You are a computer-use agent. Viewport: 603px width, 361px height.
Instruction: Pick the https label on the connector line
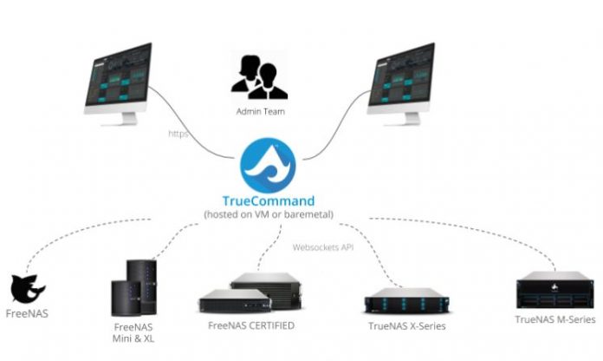179,135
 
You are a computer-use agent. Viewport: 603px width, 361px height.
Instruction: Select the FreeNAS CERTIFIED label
251,325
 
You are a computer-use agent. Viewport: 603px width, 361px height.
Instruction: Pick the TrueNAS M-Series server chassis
554,290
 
